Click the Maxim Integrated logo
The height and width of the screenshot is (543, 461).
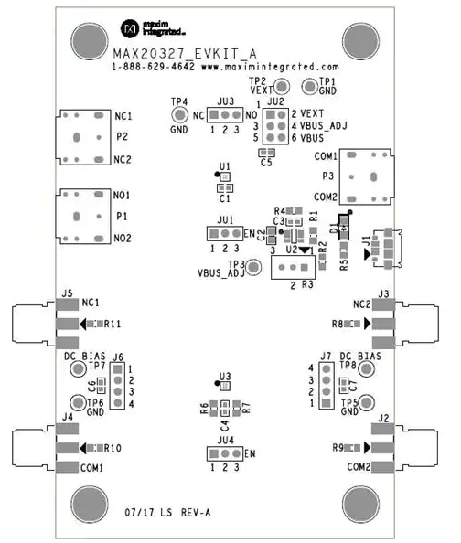(x=153, y=28)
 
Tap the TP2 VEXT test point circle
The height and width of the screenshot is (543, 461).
(x=282, y=86)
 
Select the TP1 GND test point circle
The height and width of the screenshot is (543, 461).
(x=309, y=86)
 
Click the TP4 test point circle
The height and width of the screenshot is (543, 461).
(x=179, y=115)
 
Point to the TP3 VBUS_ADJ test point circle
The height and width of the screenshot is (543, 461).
(x=253, y=267)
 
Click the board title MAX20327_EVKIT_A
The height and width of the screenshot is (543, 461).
(x=185, y=54)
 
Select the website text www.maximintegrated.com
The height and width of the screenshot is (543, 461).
(x=270, y=67)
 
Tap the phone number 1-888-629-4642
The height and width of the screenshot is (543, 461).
(x=153, y=66)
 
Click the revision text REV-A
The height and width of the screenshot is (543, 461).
(x=196, y=513)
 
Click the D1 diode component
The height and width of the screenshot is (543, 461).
(x=344, y=228)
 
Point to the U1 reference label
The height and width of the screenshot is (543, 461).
(x=225, y=166)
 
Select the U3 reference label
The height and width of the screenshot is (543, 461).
(x=225, y=376)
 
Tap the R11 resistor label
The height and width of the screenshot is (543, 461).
(x=113, y=324)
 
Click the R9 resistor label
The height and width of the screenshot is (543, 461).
(x=338, y=448)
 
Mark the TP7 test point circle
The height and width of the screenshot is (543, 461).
(x=78, y=368)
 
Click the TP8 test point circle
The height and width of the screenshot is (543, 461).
(x=366, y=369)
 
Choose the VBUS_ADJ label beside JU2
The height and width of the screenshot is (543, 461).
(x=324, y=126)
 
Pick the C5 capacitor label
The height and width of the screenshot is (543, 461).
(x=266, y=163)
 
